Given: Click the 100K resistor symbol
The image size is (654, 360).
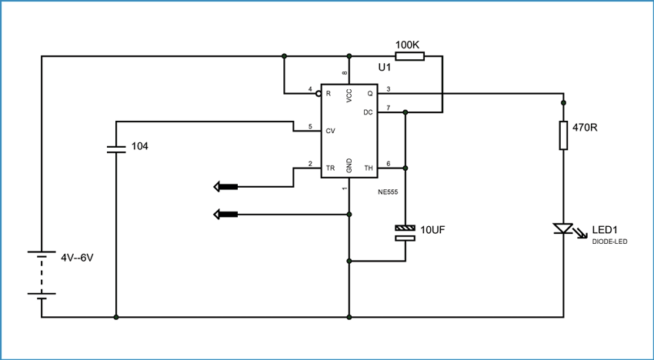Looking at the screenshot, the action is click(409, 56).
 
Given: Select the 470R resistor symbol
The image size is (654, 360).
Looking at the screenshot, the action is click(563, 135).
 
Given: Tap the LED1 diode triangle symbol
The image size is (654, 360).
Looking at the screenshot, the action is click(562, 228).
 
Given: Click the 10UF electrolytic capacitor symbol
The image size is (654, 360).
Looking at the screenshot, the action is click(405, 233).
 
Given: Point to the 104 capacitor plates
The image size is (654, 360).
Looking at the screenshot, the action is click(116, 149).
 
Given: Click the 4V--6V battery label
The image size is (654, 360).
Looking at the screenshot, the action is click(77, 258).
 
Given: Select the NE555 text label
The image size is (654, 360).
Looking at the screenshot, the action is click(389, 192).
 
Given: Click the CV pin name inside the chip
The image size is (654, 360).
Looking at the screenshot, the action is click(330, 131).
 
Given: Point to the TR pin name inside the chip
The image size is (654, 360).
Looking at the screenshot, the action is click(330, 168).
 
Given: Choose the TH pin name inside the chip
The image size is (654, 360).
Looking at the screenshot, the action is click(369, 168).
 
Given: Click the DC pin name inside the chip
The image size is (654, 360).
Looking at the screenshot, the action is click(368, 112).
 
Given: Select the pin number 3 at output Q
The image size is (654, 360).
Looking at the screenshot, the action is click(389, 89).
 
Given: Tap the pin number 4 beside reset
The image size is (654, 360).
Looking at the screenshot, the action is click(310, 89).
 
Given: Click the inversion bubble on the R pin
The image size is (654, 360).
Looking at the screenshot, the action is click(319, 94).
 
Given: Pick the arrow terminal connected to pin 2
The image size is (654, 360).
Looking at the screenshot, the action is click(225, 187).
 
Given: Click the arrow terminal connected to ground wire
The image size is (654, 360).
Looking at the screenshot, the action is click(225, 215).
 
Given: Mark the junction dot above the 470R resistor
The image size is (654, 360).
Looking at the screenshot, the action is click(563, 102).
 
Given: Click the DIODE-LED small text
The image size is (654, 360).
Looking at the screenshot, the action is click(609, 241).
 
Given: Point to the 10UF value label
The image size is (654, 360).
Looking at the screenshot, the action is click(433, 229).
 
